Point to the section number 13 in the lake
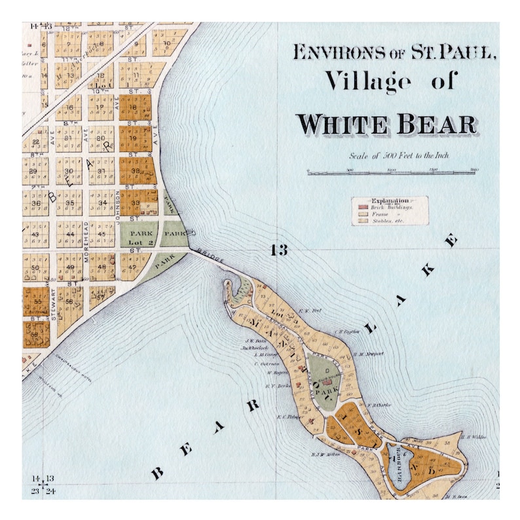(x=278, y=250)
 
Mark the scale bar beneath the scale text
(x=392, y=172)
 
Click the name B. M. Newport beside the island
(x=367, y=354)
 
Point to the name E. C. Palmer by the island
(x=288, y=417)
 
